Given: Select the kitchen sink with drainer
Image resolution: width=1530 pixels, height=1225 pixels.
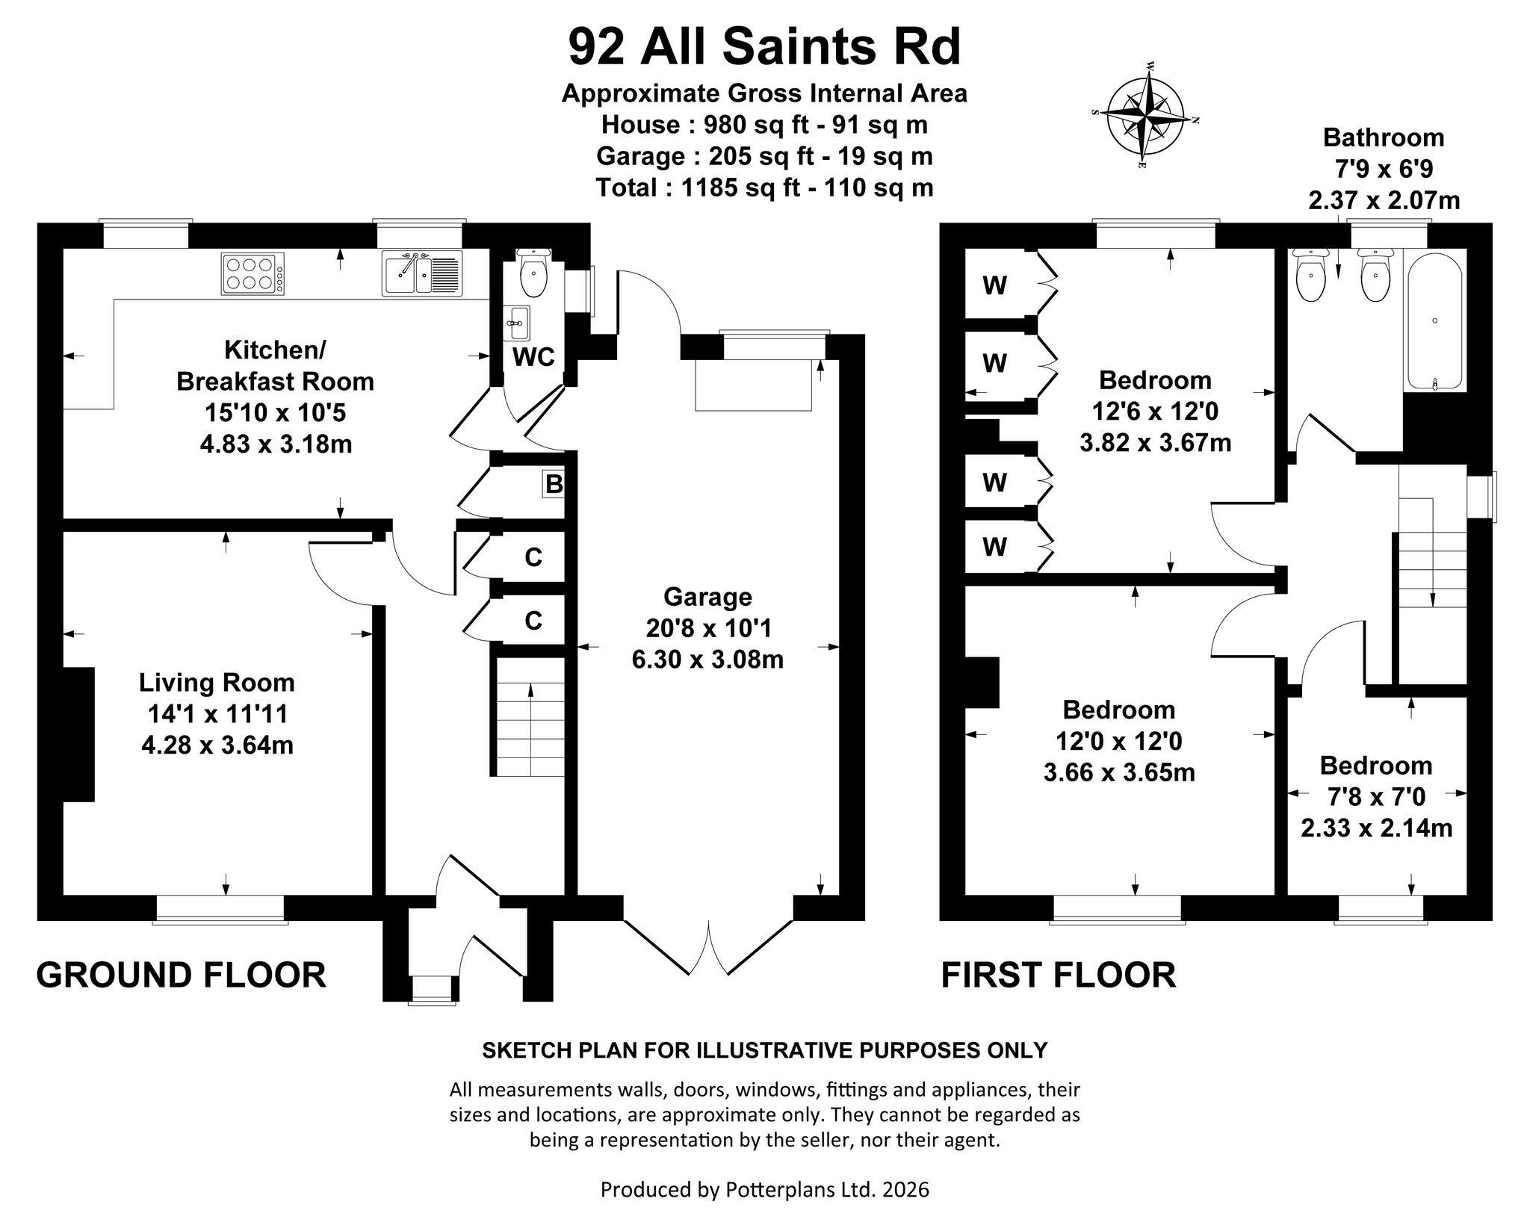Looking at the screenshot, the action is click(422, 273).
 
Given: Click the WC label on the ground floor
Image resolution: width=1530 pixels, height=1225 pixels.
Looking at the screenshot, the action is click(533, 357).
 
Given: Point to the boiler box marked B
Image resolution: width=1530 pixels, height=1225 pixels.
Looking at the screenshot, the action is click(554, 485).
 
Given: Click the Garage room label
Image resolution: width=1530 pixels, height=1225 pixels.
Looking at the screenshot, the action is click(707, 597).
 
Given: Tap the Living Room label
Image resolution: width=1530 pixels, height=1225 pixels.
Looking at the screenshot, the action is click(217, 683).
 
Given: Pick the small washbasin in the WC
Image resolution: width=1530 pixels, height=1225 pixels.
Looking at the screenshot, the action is click(515, 323).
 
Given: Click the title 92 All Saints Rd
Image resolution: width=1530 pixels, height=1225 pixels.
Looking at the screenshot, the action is click(764, 46).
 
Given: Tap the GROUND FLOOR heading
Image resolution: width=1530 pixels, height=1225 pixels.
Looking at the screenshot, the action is click(182, 976).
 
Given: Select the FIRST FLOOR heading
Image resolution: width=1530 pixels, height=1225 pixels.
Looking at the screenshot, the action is click(1059, 976).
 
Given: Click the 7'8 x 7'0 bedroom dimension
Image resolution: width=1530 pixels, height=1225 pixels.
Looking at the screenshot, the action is click(1376, 797).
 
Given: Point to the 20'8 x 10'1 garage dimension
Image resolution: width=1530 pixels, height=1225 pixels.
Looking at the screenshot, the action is click(708, 628).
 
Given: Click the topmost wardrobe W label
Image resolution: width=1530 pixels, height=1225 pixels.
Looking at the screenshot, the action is click(994, 285).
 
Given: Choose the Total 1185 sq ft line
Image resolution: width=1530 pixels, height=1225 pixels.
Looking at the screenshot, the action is click(764, 187).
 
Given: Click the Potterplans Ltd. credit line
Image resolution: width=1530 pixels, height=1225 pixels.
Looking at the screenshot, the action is click(764, 1189).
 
